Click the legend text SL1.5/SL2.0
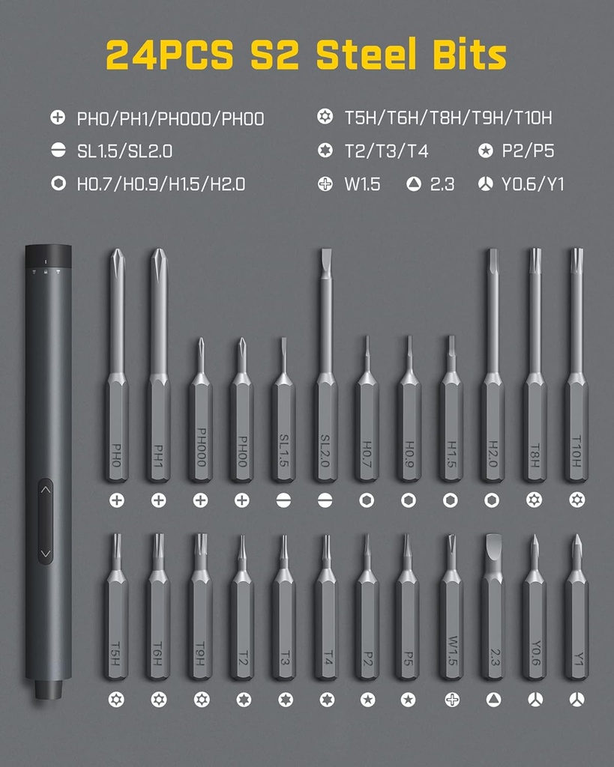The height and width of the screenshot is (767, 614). (x=124, y=151)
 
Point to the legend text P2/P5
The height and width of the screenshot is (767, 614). (x=528, y=151)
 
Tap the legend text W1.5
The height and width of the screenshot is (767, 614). (x=362, y=184)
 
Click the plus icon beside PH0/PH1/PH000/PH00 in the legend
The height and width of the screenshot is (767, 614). (x=58, y=118)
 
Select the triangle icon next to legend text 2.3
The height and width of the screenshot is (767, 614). (x=414, y=184)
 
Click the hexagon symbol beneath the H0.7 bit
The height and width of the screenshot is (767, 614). (x=367, y=500)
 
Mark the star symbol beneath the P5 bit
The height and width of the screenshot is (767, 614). (x=408, y=700)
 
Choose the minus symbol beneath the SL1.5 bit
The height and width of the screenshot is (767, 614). (x=283, y=500)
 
